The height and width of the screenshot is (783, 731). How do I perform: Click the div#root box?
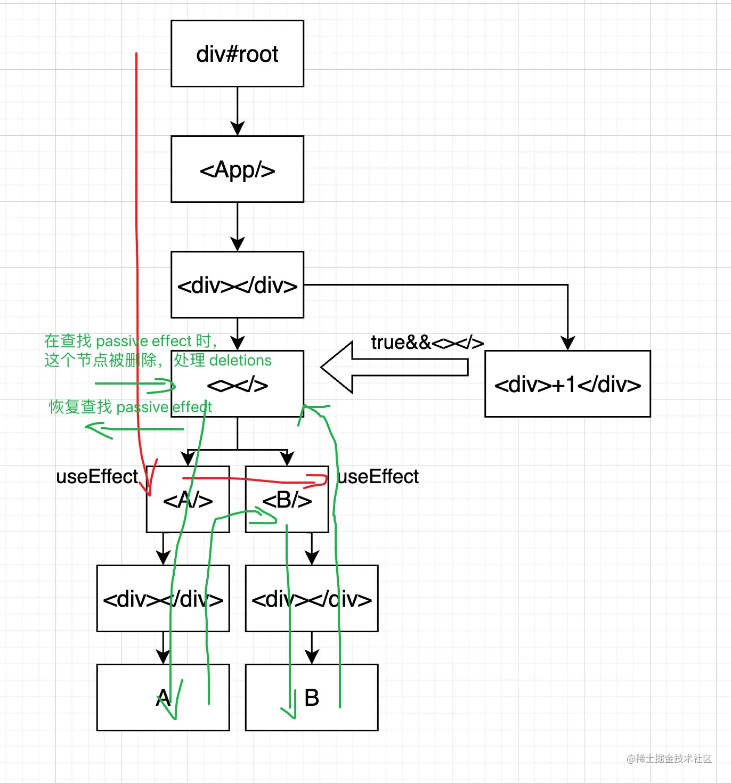coord(237,54)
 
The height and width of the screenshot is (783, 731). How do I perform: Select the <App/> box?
coord(237,169)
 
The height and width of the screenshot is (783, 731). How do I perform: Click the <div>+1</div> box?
coord(567,384)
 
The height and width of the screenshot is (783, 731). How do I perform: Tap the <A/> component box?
coord(188,500)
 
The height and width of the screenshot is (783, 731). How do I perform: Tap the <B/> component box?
coord(287,500)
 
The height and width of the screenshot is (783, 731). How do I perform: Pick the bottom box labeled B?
coord(312,698)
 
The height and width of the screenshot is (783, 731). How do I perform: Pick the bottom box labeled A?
coord(163,698)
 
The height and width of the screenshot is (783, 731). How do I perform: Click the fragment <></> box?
coord(237,385)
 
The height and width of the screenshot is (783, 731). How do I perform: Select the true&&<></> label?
coord(427,342)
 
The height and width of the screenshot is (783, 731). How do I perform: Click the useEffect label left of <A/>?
coord(97,477)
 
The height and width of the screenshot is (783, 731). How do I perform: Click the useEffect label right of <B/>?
coord(378,477)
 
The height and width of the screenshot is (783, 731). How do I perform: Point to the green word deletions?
coord(241,361)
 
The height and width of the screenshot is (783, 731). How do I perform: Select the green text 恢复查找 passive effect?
coord(131,407)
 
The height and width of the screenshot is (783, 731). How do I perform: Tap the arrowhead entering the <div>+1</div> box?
coord(568,343)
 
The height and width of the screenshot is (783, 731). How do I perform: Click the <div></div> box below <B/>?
coord(312,599)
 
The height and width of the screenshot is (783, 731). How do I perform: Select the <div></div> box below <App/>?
coord(237,285)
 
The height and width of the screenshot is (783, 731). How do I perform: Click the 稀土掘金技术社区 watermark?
coord(669,759)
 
